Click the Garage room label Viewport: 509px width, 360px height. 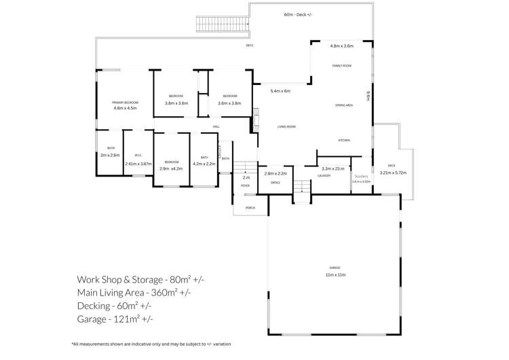pyautogui.click(x=335, y=268)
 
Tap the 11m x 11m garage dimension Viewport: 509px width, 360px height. pyautogui.click(x=335, y=275)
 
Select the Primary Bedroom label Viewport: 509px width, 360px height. pyautogui.click(x=125, y=102)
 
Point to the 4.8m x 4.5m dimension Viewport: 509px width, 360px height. pyautogui.click(x=125, y=108)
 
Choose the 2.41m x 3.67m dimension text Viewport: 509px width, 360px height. pyautogui.click(x=138, y=164)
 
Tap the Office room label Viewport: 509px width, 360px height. pyautogui.click(x=276, y=182)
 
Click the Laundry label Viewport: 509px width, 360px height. pyautogui.click(x=324, y=176)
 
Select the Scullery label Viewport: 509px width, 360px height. pyautogui.click(x=361, y=176)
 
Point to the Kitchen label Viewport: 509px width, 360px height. pyautogui.click(x=344, y=140)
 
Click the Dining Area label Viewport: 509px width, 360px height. pyautogui.click(x=344, y=105)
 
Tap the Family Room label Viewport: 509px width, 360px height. pyautogui.click(x=341, y=66)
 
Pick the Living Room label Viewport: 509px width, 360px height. pyautogui.click(x=287, y=126)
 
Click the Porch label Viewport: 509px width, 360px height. pyautogui.click(x=250, y=208)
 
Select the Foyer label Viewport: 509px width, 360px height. pyautogui.click(x=245, y=185)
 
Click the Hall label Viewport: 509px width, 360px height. pyautogui.click(x=216, y=126)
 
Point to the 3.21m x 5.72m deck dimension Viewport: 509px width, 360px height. pyautogui.click(x=392, y=173)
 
